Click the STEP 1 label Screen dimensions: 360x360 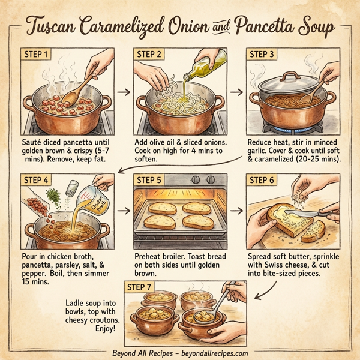(x=37, y=54)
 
